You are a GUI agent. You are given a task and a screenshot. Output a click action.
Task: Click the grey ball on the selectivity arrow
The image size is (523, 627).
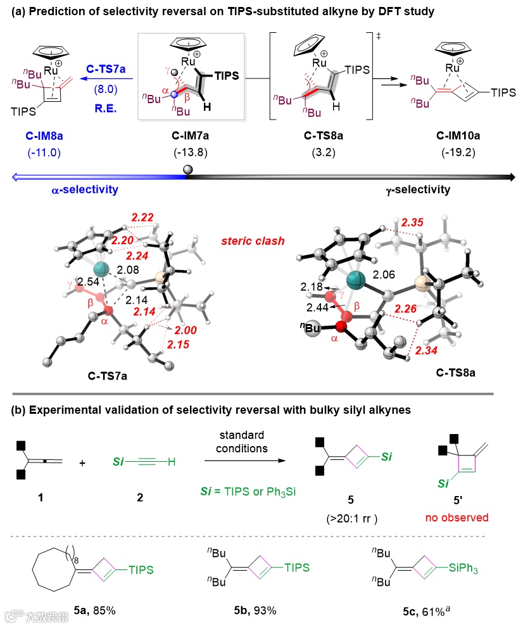click(x=187, y=169)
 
